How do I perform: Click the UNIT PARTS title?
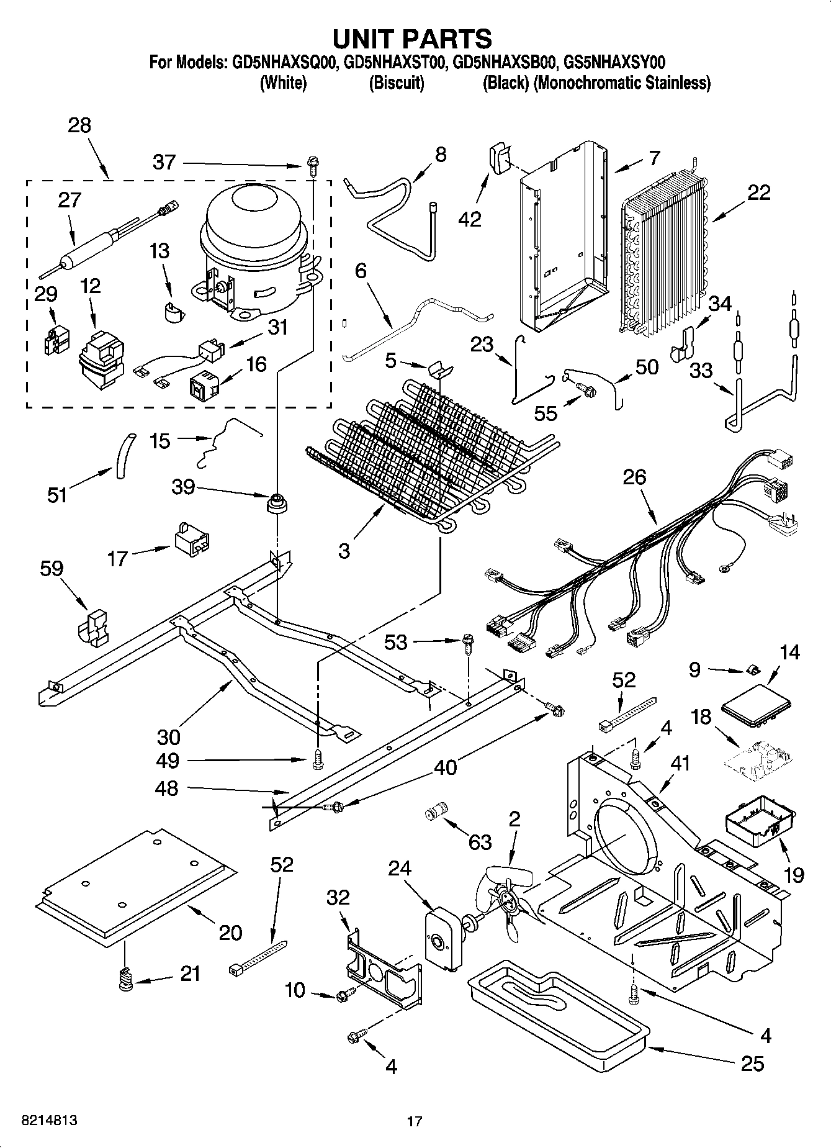pyautogui.click(x=412, y=38)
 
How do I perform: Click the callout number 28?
pyautogui.click(x=79, y=125)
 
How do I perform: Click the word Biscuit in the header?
pyautogui.click(x=396, y=83)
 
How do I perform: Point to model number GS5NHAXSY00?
pyautogui.click(x=612, y=62)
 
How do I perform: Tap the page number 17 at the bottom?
pyautogui.click(x=415, y=1121)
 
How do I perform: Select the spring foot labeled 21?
pyautogui.click(x=127, y=980)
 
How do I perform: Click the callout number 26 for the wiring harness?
pyautogui.click(x=635, y=477)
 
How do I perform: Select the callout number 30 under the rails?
pyautogui.click(x=168, y=736)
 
